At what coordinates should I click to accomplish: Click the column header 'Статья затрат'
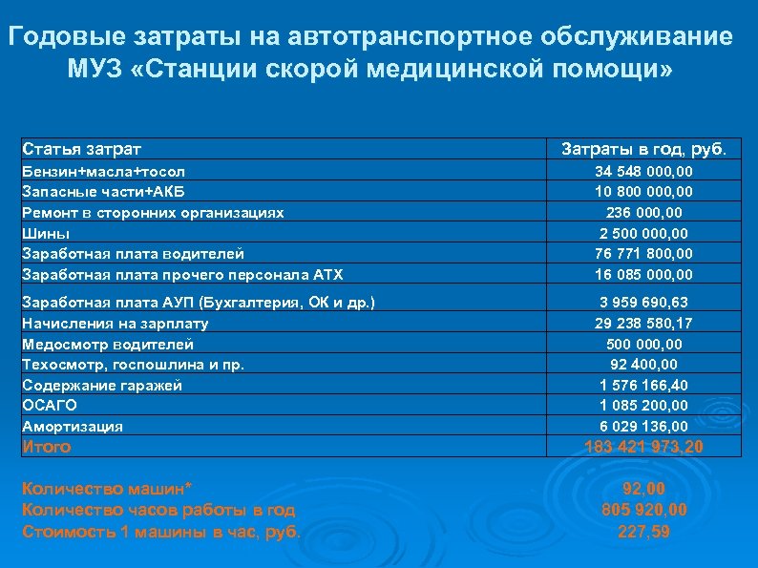point(81,149)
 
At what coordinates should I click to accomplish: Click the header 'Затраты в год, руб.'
point(643,149)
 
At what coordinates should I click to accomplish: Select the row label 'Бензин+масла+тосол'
point(103,171)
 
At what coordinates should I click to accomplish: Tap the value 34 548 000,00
point(643,171)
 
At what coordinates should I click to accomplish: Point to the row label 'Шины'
point(42,233)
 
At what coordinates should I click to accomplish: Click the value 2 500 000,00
point(643,233)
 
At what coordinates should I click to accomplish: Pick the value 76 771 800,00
point(643,254)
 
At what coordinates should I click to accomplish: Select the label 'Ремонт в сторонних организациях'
point(152,212)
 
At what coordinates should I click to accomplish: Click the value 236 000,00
point(643,212)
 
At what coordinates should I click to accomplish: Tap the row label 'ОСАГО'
point(49,406)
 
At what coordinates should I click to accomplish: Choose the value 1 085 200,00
point(643,406)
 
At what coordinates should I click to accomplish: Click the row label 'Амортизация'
point(73,427)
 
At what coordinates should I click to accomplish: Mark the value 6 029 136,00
point(643,427)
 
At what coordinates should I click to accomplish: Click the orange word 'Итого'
point(46,447)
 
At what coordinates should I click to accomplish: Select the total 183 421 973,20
point(643,447)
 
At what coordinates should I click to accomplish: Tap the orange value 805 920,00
point(643,511)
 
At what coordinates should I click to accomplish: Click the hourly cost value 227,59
point(643,532)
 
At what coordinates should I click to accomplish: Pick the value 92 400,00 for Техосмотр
point(643,364)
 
